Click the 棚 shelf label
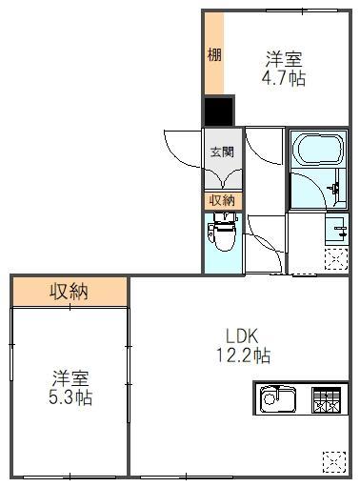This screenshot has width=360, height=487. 214,54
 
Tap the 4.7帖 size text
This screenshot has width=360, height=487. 284,79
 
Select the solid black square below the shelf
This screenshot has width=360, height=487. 218,112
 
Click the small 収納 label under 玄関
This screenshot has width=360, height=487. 222,200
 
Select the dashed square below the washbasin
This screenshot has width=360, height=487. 336,257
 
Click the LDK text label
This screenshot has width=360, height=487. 242,335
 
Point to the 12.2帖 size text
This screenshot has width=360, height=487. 242,356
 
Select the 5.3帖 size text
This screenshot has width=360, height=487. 71,397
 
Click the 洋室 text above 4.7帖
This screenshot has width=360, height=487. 284,57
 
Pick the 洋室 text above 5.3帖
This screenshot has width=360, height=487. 71,376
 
